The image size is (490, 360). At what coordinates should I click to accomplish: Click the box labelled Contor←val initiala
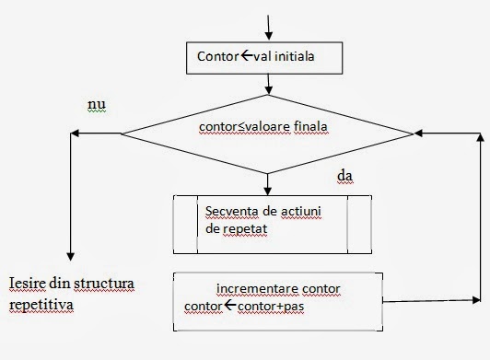pos(267,57)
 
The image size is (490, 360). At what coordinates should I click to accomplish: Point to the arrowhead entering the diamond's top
pos(267,90)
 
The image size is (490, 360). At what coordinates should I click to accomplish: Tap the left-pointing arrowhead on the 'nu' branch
pos(75,134)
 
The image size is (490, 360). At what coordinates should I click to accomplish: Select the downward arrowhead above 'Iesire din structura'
pos(70,258)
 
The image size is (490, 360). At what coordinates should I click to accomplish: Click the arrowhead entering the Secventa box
pos(267,190)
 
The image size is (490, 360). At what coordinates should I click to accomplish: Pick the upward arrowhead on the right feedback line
pos(478,137)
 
